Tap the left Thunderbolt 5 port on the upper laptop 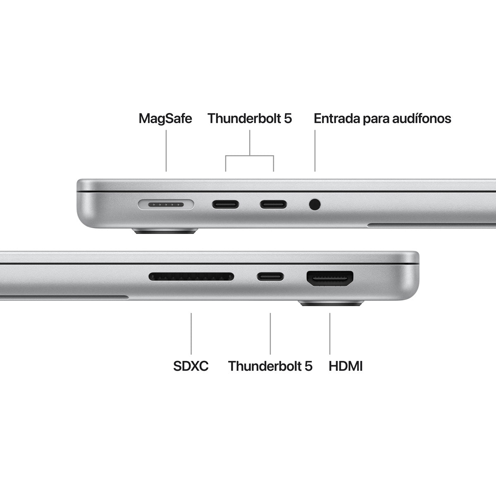(x=225, y=204)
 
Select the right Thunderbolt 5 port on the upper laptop (x=273, y=204)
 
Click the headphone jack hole (x=315, y=204)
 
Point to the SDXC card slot (x=191, y=276)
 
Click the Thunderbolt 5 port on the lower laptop (x=270, y=276)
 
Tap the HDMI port (x=330, y=279)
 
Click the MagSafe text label (x=165, y=119)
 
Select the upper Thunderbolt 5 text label (x=250, y=119)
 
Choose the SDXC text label (x=191, y=366)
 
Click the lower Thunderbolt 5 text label (x=270, y=366)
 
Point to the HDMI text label (x=346, y=366)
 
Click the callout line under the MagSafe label (x=166, y=151)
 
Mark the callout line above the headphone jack (x=315, y=151)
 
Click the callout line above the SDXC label (x=191, y=333)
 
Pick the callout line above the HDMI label (x=330, y=333)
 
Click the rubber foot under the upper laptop (x=165, y=231)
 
